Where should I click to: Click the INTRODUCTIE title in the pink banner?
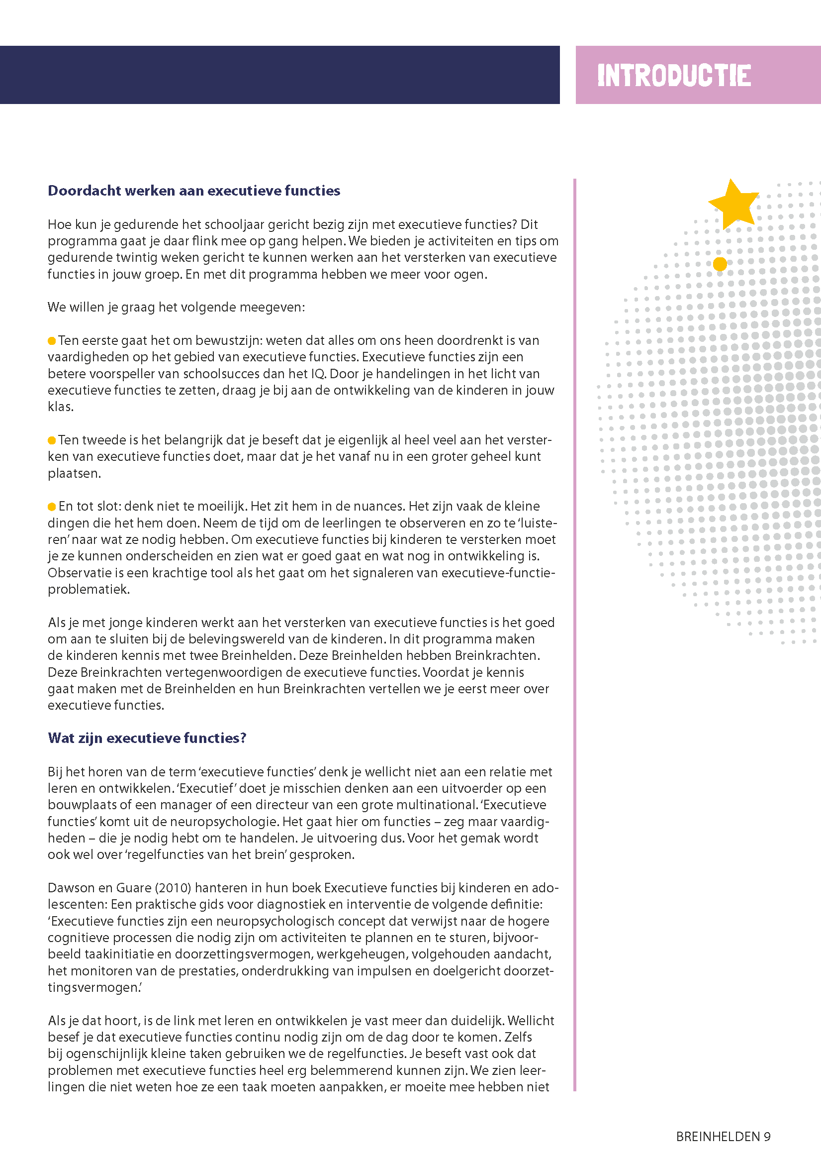673,75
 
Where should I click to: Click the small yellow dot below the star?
720,264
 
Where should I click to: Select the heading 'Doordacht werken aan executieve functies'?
193,191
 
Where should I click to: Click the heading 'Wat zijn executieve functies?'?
147,738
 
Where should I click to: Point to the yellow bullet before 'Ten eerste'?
52,341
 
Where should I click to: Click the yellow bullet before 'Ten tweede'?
52,440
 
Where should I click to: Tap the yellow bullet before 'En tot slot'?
52,507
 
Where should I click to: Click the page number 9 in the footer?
767,1137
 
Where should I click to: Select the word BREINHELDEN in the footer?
718,1137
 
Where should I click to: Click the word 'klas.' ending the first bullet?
61,407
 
